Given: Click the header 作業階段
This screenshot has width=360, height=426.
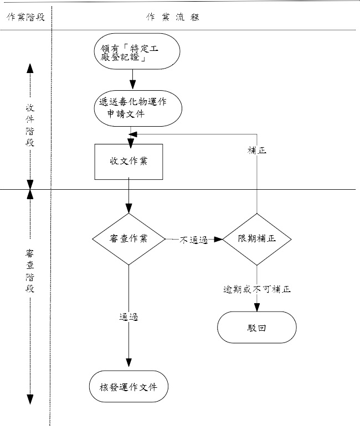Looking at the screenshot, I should (x=25, y=17).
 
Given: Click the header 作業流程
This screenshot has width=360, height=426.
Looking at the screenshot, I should (x=172, y=17).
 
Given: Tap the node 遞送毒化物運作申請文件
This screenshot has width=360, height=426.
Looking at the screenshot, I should (x=137, y=108).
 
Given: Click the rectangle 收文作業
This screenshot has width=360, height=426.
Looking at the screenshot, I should (x=128, y=162).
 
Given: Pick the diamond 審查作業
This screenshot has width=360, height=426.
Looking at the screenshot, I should (x=128, y=239).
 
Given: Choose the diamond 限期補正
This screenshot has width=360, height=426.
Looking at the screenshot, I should (x=257, y=239).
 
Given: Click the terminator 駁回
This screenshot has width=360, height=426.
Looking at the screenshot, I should (x=256, y=328).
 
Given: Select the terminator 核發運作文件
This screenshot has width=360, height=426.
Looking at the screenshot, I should (x=128, y=387).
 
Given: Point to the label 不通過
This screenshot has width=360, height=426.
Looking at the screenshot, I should (x=193, y=240).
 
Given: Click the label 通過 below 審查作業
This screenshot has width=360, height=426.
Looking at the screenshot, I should (x=128, y=317).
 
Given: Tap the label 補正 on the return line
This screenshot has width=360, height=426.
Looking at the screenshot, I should (x=257, y=150).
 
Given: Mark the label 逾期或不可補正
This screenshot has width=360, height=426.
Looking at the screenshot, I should (x=257, y=289).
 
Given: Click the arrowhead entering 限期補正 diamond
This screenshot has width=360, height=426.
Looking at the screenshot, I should (x=218, y=240).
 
